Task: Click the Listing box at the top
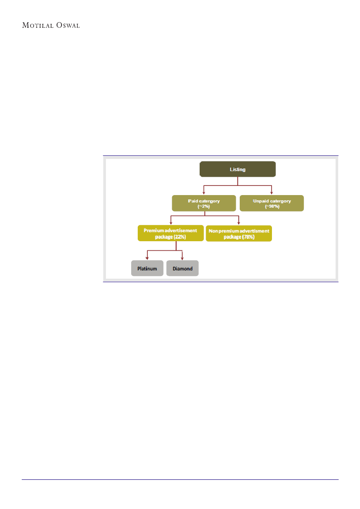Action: point(238,169)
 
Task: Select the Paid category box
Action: point(204,203)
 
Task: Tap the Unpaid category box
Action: point(272,203)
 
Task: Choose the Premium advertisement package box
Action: point(170,233)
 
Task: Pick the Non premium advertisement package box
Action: point(239,233)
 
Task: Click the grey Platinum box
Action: point(147,268)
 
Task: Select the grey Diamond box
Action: point(182,268)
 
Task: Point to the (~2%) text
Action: point(204,206)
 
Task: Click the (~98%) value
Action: point(272,206)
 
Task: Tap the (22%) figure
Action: point(180,237)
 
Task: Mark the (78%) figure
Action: point(248,237)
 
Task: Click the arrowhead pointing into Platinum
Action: point(147,258)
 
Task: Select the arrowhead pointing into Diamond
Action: point(182,258)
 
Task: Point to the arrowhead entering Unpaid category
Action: point(272,193)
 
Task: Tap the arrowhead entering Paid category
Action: point(204,193)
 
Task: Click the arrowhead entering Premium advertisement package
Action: point(171,223)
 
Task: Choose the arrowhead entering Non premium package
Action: point(239,223)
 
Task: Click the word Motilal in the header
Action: point(37,25)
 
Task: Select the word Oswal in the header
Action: point(68,25)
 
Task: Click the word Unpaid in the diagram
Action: point(261,201)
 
